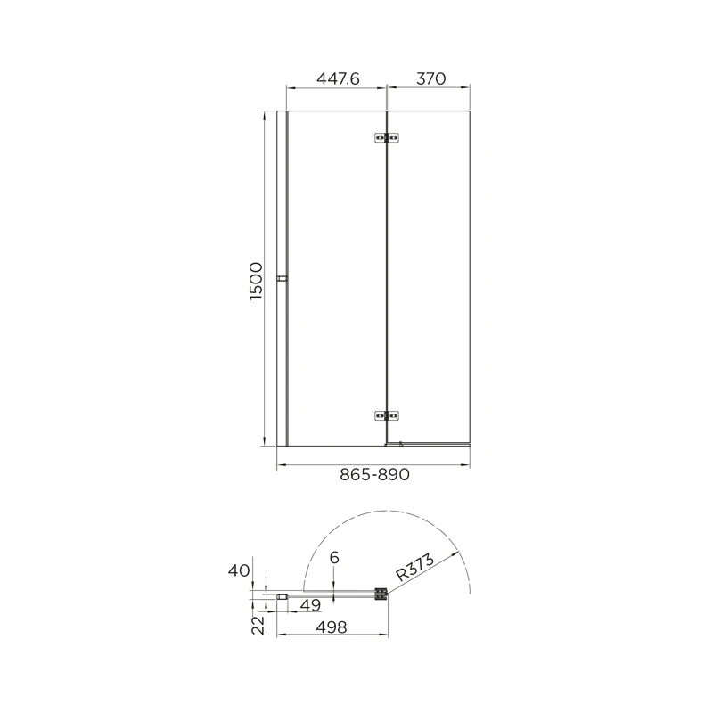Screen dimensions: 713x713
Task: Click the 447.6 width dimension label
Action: point(338,78)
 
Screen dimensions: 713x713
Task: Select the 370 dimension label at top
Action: point(431,78)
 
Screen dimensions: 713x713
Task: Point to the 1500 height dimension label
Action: point(256,281)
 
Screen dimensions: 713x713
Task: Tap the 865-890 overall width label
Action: point(374,475)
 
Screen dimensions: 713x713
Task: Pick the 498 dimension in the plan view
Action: point(332,627)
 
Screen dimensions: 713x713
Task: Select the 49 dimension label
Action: point(310,605)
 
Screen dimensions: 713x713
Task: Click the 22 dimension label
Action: point(258,625)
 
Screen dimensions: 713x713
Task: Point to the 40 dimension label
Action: point(239,570)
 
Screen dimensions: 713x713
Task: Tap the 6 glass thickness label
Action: point(334,558)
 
